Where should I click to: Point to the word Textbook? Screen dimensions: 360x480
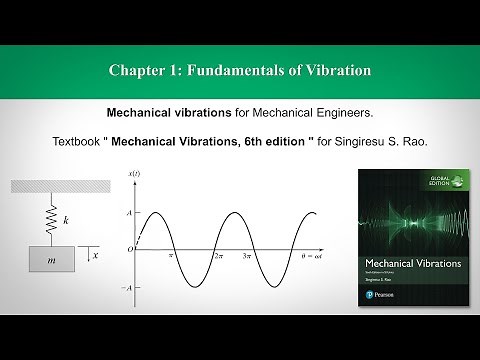(x=82, y=141)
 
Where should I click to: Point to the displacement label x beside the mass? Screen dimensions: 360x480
(x=96, y=255)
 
